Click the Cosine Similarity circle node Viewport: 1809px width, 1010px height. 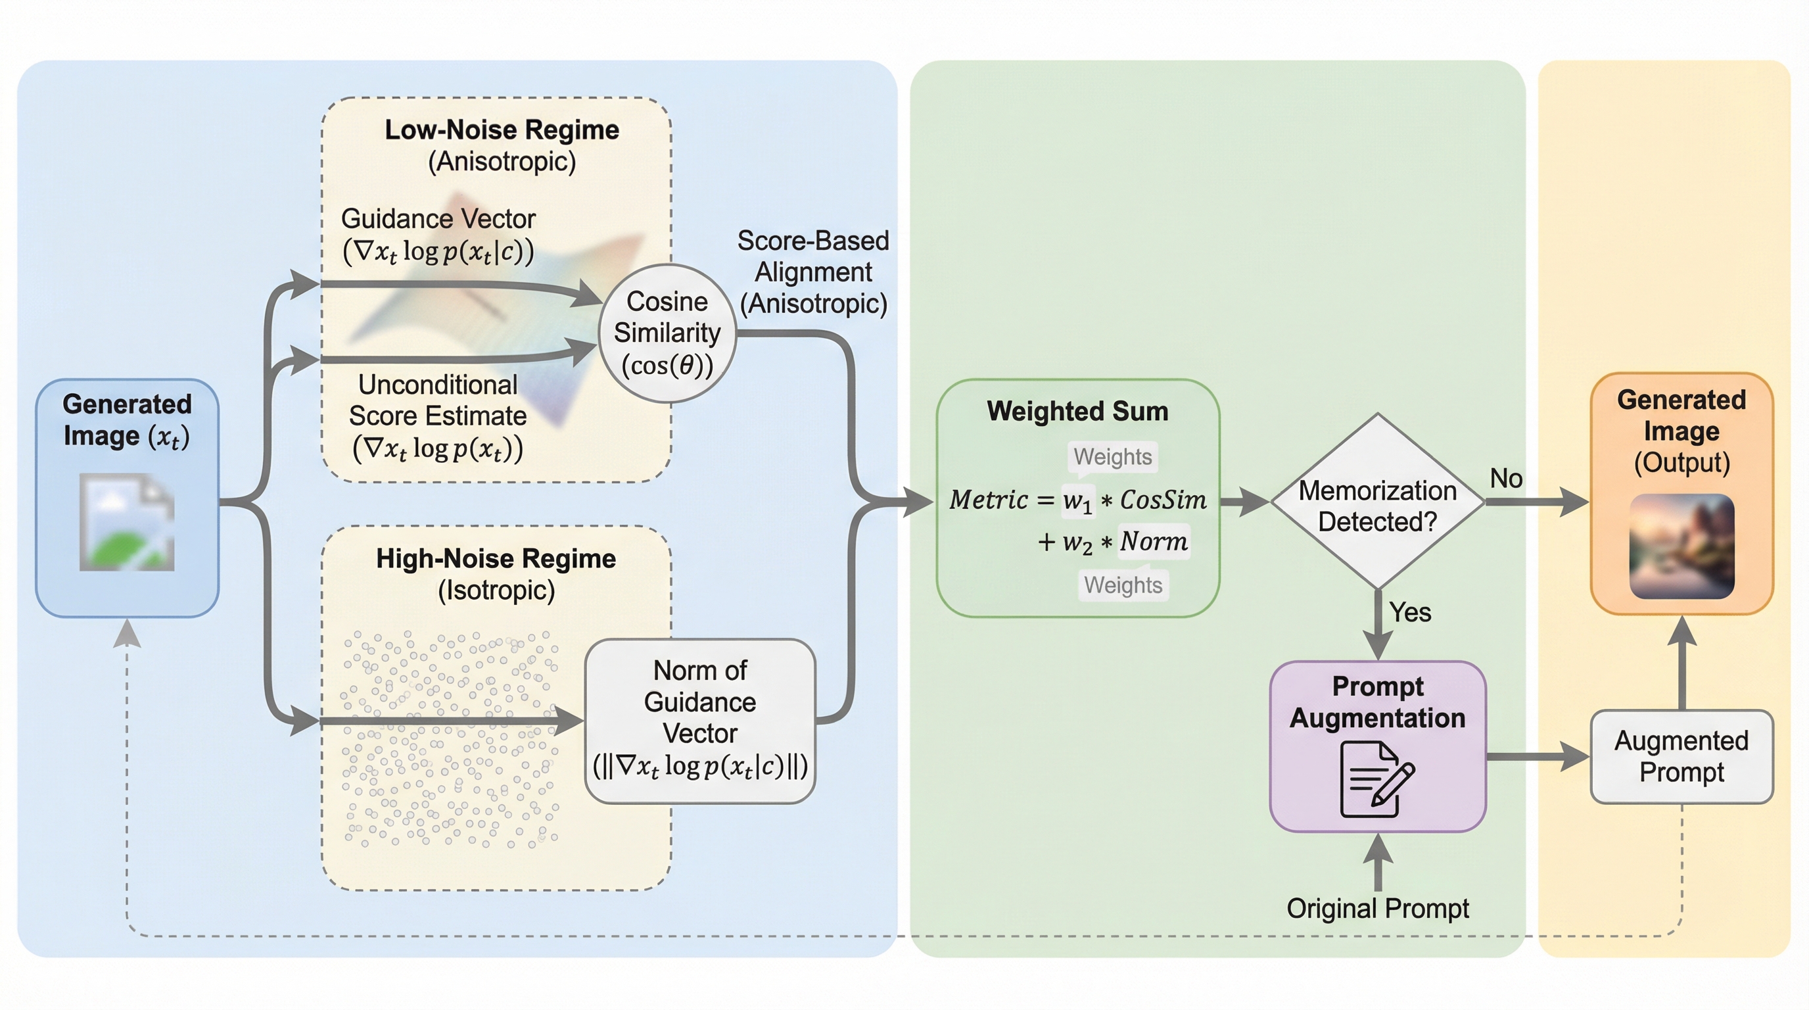[667, 333]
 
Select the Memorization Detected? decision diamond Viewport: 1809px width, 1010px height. [1377, 502]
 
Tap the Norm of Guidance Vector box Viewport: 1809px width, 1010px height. [699, 721]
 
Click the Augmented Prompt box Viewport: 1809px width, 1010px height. [1681, 756]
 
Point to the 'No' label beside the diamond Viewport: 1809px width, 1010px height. [1505, 478]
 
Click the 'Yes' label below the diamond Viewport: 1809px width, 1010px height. [1409, 612]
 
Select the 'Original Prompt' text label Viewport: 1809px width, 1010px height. [1377, 908]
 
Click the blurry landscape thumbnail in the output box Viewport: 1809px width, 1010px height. [1681, 546]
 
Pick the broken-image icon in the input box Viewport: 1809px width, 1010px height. [127, 522]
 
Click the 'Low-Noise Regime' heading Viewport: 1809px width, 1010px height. [502, 130]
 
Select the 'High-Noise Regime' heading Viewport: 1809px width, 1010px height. [496, 558]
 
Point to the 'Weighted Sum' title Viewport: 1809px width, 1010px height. [1077, 411]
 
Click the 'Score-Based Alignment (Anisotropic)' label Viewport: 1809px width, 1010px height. [813, 272]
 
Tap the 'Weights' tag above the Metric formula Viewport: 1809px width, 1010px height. [1112, 456]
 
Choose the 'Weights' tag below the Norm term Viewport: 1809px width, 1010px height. [1123, 585]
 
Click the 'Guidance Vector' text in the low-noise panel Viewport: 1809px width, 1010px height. [438, 218]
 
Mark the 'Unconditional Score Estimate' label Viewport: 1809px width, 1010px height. [438, 400]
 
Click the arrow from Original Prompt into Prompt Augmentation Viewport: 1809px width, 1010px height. [1378, 864]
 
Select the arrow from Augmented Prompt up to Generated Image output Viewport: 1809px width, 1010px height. [1682, 663]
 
